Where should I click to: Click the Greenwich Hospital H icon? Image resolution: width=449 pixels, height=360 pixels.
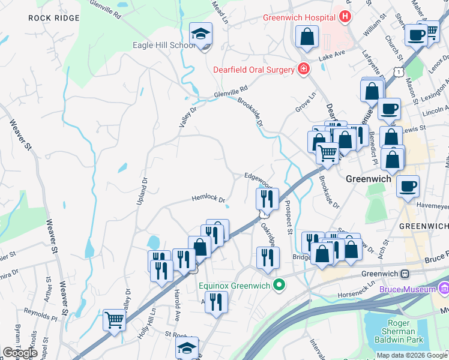345,17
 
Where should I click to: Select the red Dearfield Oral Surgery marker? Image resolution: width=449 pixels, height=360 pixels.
304,70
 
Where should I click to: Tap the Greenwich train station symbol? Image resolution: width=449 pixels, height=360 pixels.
405,274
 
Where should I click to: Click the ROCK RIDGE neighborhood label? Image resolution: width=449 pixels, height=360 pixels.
53,18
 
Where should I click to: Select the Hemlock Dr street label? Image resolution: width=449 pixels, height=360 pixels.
208,199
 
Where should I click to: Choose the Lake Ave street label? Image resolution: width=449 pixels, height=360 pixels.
332,55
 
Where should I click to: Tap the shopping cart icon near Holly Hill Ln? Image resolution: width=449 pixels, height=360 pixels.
114,319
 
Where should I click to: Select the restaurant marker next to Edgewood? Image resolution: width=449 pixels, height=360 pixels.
267,199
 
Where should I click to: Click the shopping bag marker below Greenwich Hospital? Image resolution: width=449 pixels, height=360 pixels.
307,36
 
